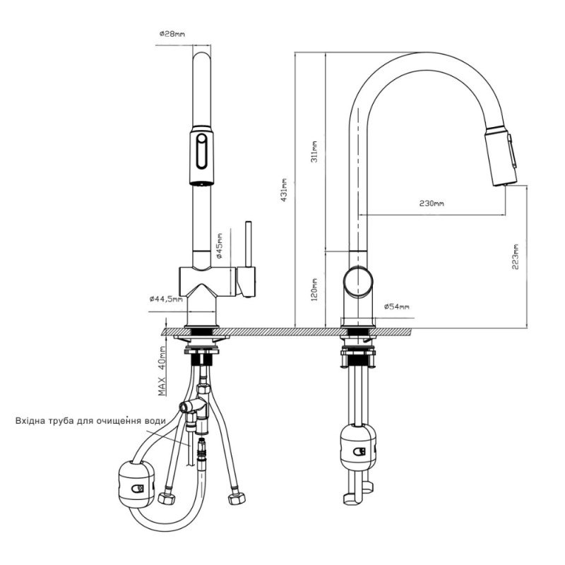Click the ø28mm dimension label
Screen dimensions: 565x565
(172, 34)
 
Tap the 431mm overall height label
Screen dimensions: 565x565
(284, 190)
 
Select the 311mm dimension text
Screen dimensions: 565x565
(314, 151)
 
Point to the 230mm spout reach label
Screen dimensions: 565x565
(432, 203)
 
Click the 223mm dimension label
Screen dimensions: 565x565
(516, 257)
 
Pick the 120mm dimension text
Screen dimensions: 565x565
(314, 290)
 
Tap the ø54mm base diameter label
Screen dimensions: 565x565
(396, 307)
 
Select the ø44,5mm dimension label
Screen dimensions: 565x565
(166, 299)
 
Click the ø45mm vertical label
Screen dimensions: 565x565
(219, 246)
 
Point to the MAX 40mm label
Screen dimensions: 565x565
(162, 371)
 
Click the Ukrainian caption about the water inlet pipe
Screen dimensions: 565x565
(90, 420)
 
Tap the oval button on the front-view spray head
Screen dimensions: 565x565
(201, 150)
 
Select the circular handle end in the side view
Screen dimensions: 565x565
(358, 281)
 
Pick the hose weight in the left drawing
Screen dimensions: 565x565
(136, 484)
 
